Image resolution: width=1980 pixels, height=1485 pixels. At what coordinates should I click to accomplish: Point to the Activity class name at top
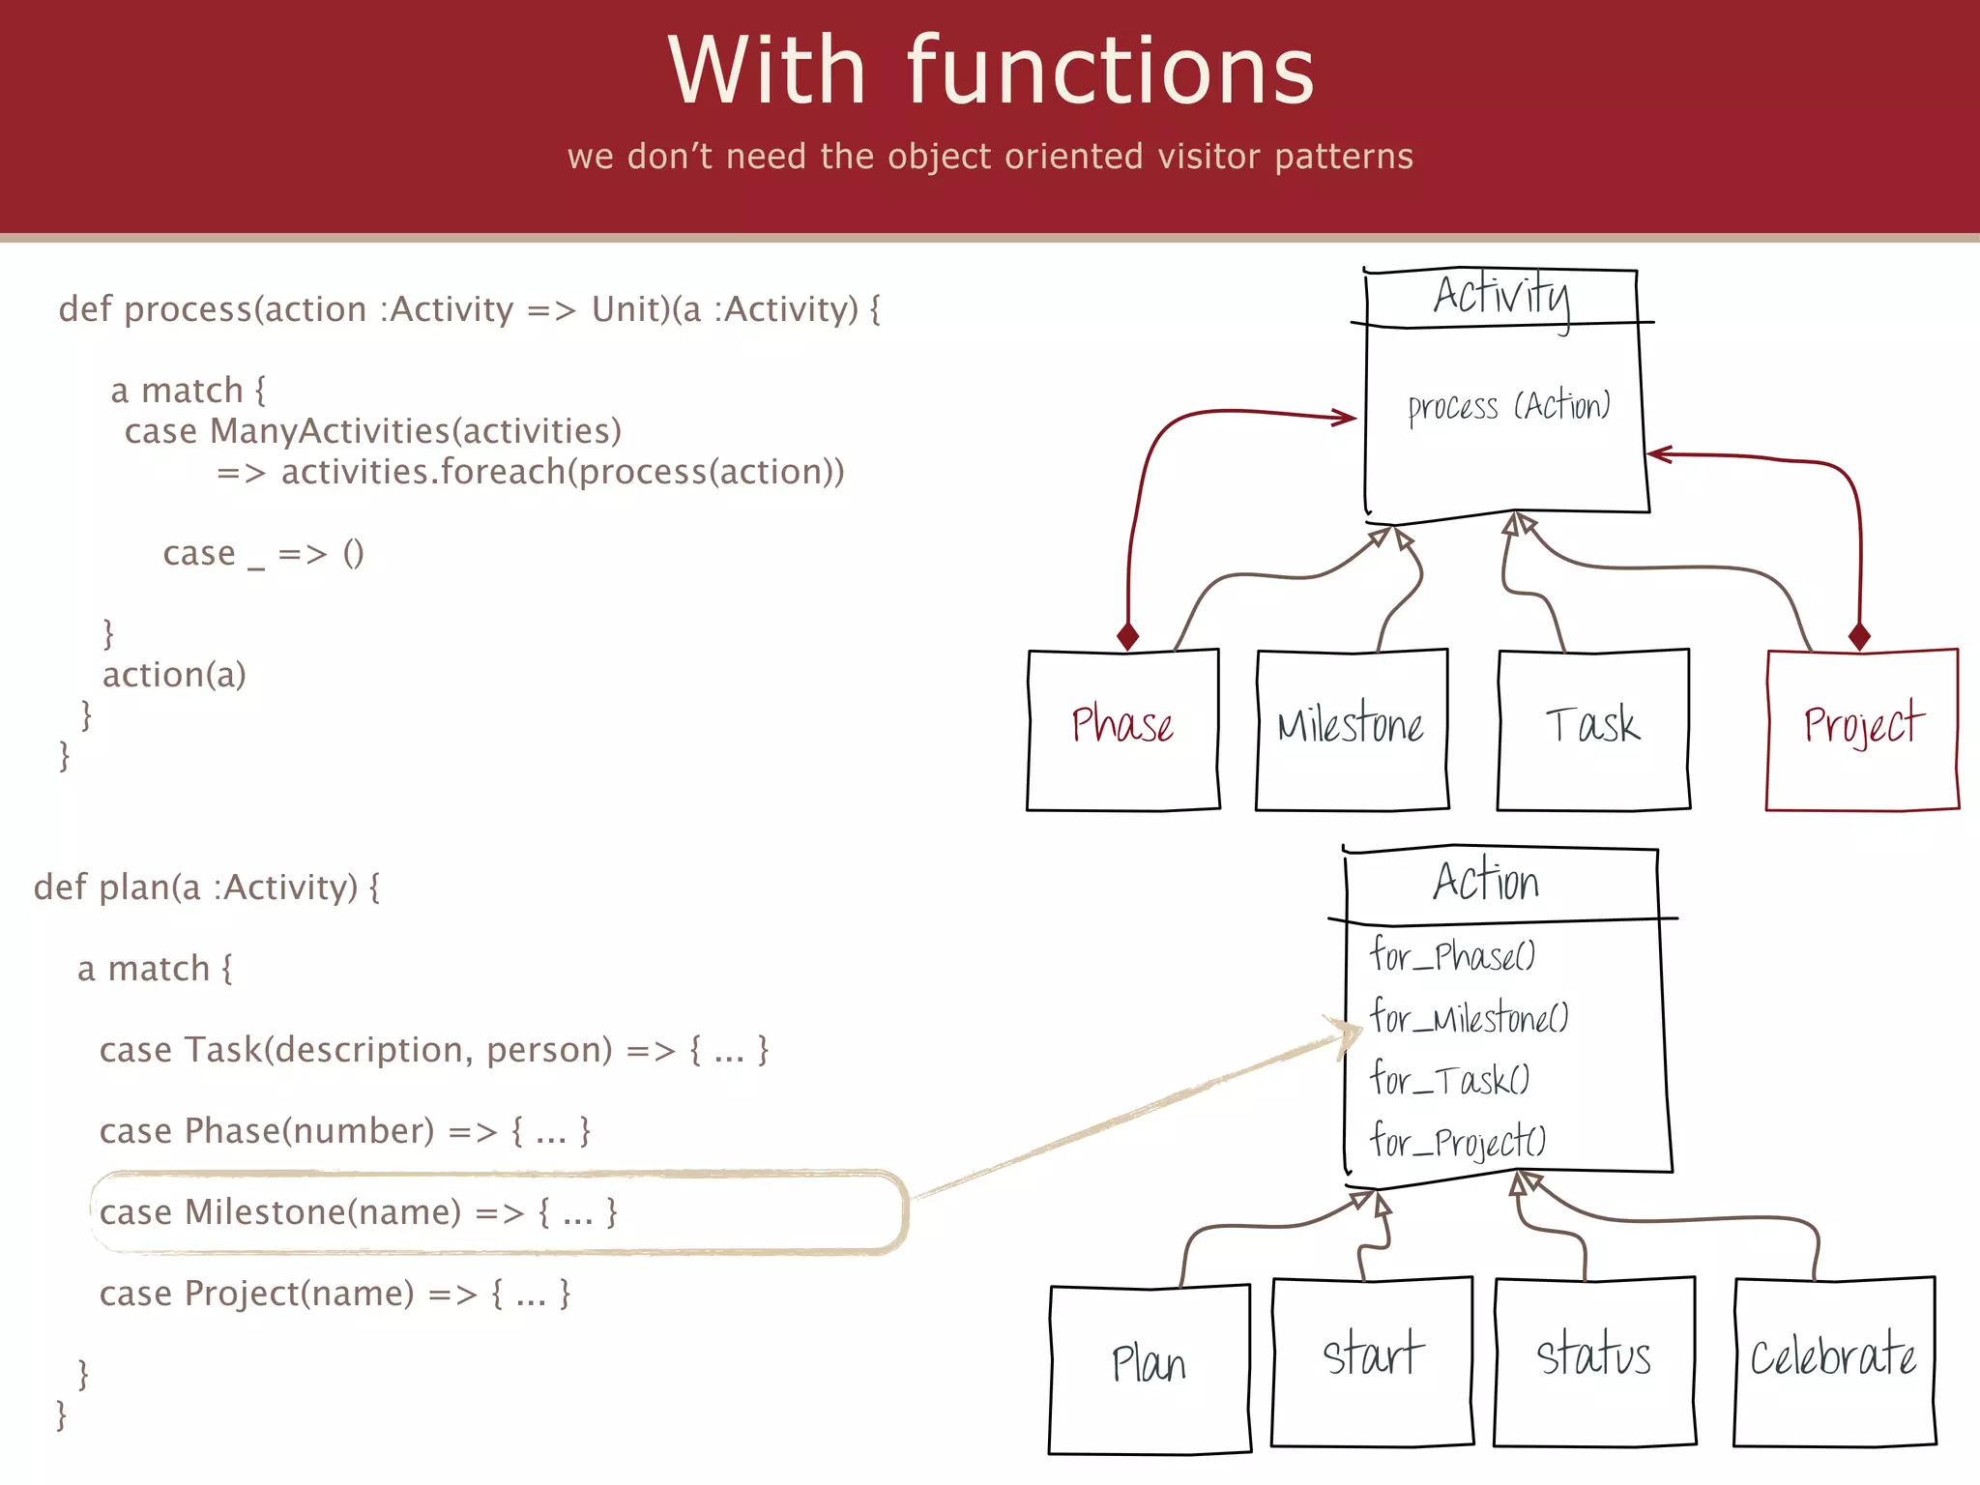(1501, 296)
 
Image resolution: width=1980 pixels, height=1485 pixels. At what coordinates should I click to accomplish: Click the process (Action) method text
(1508, 407)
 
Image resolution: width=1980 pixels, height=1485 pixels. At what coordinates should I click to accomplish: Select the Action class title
(1485, 882)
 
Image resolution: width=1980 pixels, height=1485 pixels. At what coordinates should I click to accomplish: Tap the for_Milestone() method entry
(1469, 1017)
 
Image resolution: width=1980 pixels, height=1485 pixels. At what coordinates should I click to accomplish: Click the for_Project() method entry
(1458, 1142)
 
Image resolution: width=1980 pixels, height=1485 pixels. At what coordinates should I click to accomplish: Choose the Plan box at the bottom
(1149, 1365)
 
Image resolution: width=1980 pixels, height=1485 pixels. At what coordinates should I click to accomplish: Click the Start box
(1372, 1355)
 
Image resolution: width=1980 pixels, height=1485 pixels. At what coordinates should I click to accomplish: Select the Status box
(1593, 1355)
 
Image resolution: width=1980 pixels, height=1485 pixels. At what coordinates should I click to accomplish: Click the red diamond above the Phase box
(1127, 636)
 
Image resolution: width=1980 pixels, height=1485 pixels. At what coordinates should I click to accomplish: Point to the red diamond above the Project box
(1859, 636)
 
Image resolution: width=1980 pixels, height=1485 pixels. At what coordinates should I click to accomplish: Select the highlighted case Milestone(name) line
(358, 1212)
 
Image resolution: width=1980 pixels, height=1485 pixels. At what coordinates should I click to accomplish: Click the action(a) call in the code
(174, 674)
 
